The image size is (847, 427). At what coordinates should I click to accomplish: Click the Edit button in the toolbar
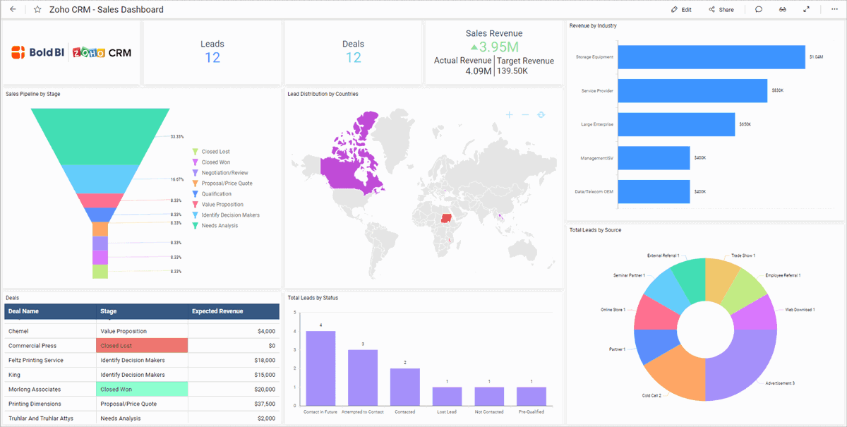681,10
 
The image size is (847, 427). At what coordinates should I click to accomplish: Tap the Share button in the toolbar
721,10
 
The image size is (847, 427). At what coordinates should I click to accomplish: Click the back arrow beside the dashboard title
13,10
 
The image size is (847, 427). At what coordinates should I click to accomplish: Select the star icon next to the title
37,10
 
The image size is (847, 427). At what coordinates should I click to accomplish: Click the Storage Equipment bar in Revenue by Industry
711,57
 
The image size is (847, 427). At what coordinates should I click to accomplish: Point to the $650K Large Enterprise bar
676,124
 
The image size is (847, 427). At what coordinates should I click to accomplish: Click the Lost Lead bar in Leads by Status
447,396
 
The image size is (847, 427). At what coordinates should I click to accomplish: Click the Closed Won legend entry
215,162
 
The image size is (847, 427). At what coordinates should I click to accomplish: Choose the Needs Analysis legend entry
219,226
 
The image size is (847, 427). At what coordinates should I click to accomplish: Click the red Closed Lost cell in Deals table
142,346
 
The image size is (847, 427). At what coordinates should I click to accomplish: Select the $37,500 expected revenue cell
233,404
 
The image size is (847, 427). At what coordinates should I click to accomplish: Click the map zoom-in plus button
509,114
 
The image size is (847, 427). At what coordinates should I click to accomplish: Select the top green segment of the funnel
100,134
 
